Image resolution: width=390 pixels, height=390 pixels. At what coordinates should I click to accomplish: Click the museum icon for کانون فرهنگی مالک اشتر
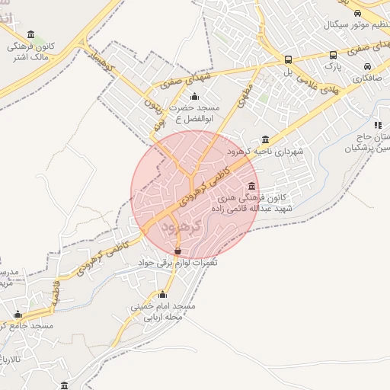[x=30, y=34]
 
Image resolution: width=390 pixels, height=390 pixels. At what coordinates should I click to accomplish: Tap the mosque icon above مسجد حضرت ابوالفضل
[x=194, y=97]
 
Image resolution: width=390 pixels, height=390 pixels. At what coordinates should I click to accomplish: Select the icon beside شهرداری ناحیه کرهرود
[x=265, y=139]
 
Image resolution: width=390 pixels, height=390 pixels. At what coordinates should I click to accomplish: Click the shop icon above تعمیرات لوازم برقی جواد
[x=177, y=251]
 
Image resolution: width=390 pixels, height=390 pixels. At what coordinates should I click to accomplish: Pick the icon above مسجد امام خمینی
[x=162, y=295]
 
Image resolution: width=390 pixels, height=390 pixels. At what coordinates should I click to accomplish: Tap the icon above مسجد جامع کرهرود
[x=18, y=314]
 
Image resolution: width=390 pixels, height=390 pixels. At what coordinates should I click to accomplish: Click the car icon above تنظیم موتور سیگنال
[x=358, y=13]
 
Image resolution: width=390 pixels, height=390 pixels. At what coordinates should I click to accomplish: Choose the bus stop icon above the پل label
[x=288, y=59]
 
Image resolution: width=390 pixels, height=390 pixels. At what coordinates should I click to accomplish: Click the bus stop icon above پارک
[x=333, y=55]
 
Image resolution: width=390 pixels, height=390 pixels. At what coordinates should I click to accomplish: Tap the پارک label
[x=333, y=66]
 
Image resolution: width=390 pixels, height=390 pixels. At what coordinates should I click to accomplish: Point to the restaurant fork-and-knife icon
[x=377, y=125]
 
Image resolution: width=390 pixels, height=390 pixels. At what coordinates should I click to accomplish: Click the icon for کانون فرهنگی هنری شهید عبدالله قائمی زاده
[x=252, y=187]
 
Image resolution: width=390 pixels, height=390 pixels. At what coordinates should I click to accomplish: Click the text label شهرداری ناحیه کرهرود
[x=265, y=152]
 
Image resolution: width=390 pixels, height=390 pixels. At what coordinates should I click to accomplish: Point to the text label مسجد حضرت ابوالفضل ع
[x=195, y=113]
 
